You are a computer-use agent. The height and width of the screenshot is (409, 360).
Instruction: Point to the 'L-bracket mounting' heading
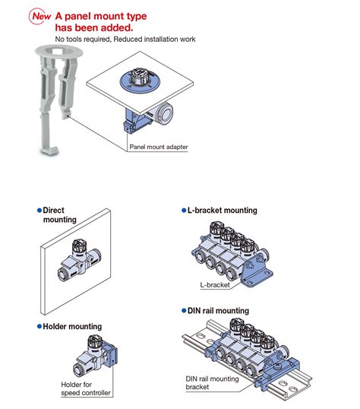click(x=222, y=211)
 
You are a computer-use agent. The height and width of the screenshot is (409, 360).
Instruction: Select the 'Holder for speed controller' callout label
click(x=86, y=389)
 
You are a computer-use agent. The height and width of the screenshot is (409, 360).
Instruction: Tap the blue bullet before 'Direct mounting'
click(x=39, y=210)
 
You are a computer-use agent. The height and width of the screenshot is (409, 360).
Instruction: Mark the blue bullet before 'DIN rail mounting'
click(x=183, y=311)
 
